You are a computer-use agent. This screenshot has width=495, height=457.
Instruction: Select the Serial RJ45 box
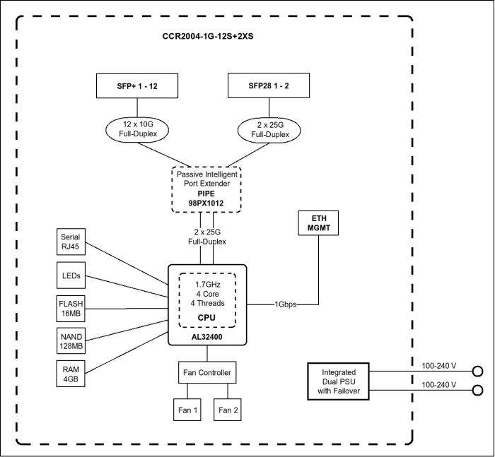tap(71, 242)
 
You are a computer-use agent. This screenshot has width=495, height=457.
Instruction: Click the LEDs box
tap(71, 275)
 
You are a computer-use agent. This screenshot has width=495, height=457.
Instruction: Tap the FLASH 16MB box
tap(71, 308)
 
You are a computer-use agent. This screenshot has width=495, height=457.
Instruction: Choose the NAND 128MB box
tap(71, 340)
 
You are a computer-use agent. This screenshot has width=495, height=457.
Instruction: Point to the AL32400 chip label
tap(206, 338)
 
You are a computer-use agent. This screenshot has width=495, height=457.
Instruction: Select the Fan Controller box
tap(206, 372)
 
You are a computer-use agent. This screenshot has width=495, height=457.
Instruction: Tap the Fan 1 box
tap(187, 410)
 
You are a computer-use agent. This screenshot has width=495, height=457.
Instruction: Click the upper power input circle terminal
tap(479, 371)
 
